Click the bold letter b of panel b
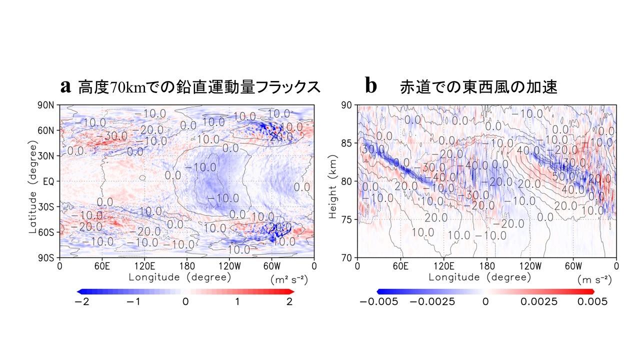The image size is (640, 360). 371,86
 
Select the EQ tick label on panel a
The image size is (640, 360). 49,181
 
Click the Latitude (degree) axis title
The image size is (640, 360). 33,181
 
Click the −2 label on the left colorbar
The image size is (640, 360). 80,301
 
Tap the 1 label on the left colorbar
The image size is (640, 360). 237,301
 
